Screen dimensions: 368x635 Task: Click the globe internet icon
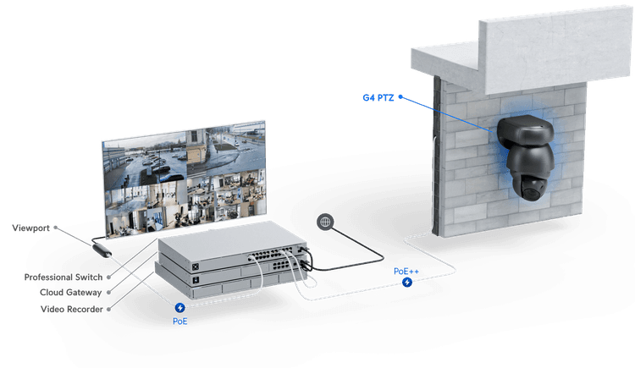[x=323, y=222]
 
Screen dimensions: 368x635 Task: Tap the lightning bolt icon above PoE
[x=180, y=309]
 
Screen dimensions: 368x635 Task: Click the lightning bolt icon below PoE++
[x=407, y=281]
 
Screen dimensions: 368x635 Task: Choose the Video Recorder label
[x=71, y=310]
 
